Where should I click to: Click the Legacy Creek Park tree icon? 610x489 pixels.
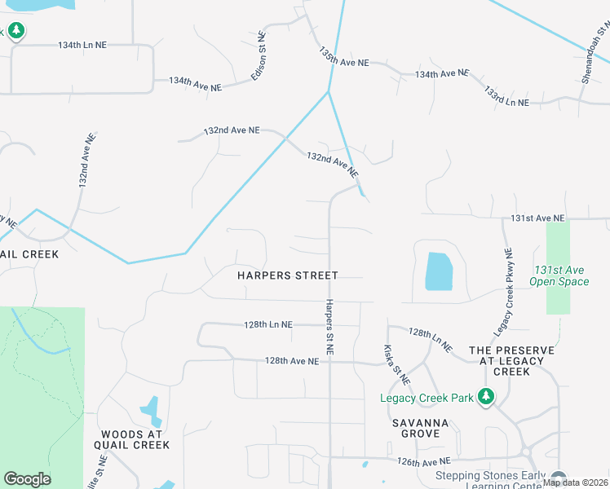pyautogui.click(x=486, y=396)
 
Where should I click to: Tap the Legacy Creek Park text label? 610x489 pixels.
pyautogui.click(x=427, y=399)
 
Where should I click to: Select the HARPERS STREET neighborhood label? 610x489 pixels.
pyautogui.click(x=287, y=275)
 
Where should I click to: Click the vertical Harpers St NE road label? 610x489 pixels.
pyautogui.click(x=329, y=326)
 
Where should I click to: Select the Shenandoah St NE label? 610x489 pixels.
pyautogui.click(x=595, y=47)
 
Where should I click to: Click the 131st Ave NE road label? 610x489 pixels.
pyautogui.click(x=537, y=218)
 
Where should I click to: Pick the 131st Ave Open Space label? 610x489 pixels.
pyautogui.click(x=559, y=275)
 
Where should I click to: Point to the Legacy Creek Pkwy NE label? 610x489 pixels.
pyautogui.click(x=504, y=292)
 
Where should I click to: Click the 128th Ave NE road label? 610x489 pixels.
pyautogui.click(x=291, y=361)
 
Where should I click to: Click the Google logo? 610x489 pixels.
pyautogui.click(x=27, y=479)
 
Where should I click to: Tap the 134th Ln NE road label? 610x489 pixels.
pyautogui.click(x=82, y=46)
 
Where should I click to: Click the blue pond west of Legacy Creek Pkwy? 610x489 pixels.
pyautogui.click(x=438, y=271)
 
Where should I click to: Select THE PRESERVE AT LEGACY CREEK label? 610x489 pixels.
pyautogui.click(x=511, y=361)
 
